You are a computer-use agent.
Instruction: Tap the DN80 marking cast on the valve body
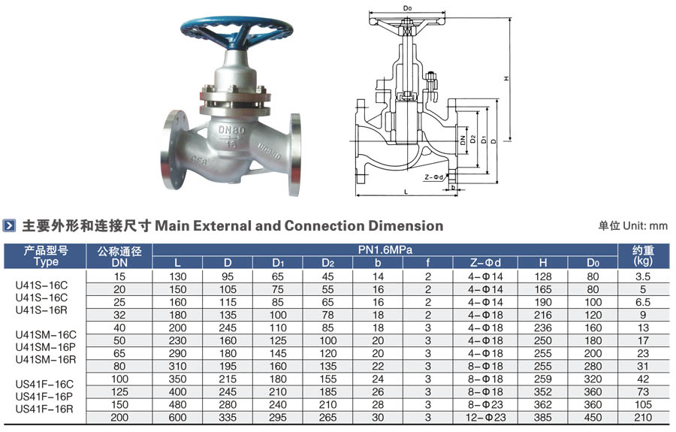click(x=231, y=130)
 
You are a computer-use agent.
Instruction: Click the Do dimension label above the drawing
click(x=407, y=8)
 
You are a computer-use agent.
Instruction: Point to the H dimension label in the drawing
click(x=506, y=78)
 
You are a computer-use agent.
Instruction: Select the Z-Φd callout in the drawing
click(x=433, y=177)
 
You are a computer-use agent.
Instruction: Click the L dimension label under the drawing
click(x=406, y=192)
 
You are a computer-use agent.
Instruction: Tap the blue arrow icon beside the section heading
click(x=9, y=225)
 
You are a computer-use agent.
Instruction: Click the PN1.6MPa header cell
click(x=385, y=249)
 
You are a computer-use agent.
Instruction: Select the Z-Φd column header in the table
click(x=485, y=262)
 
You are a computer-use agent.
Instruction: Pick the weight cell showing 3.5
click(x=643, y=276)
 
